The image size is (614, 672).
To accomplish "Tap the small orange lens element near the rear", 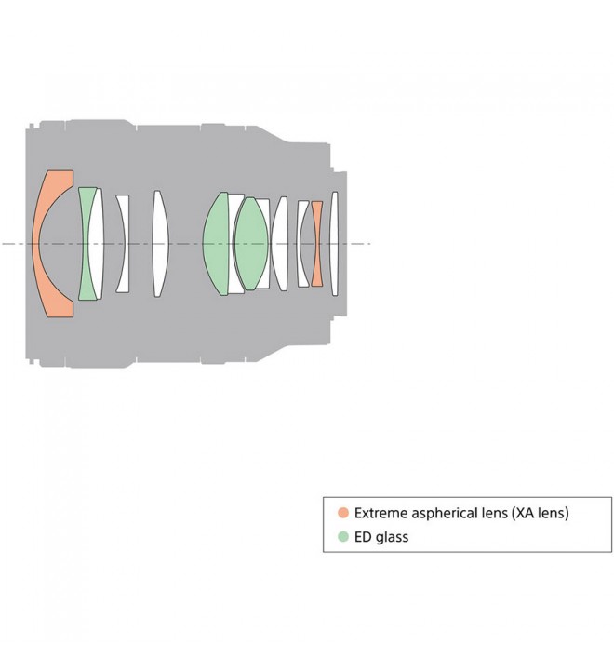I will pyautogui.click(x=317, y=244).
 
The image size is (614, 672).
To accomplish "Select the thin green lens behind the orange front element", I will pyautogui.click(x=86, y=244).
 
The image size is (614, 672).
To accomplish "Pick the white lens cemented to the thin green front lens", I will pyautogui.click(x=96, y=244).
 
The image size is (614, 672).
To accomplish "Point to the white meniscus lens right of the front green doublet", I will pyautogui.click(x=122, y=244).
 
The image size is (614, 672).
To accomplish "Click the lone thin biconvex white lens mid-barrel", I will pyautogui.click(x=159, y=244).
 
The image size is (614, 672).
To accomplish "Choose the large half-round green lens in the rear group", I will pyautogui.click(x=216, y=244).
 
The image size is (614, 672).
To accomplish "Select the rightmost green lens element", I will pyautogui.click(x=251, y=244).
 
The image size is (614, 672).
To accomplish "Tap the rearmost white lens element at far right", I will pyautogui.click(x=335, y=244).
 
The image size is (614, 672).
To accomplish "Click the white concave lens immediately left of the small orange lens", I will pyautogui.click(x=303, y=244).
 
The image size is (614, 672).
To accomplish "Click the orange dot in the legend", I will pyautogui.click(x=343, y=513).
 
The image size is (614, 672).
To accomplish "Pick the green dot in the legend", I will pyautogui.click(x=343, y=537).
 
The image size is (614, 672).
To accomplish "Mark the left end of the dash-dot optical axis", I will pyautogui.click(x=4, y=244).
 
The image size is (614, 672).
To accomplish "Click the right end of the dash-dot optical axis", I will pyautogui.click(x=370, y=244).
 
